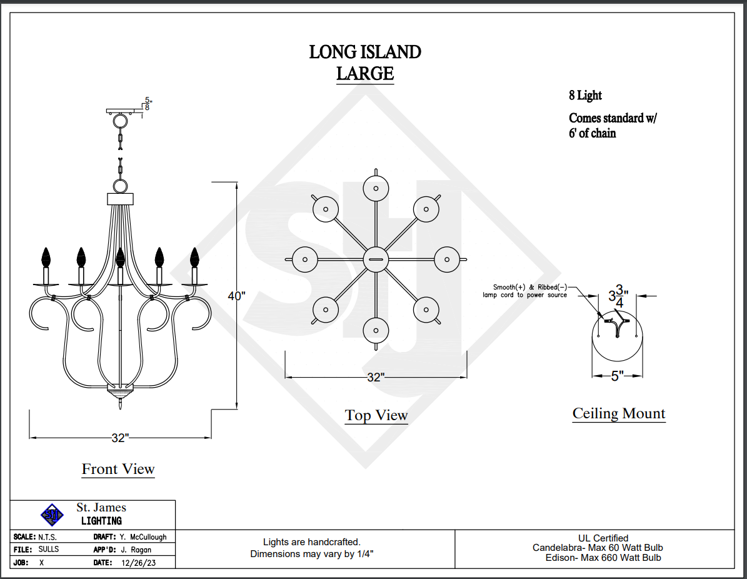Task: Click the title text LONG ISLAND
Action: click(365, 52)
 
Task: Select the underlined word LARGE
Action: click(365, 74)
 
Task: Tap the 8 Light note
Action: click(585, 96)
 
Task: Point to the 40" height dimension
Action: click(236, 296)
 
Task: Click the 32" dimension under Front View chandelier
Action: click(120, 438)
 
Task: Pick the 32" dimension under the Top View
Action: click(375, 377)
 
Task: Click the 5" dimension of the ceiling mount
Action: click(617, 376)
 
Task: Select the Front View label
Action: click(118, 469)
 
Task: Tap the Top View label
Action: click(376, 415)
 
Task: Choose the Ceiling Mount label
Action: click(619, 413)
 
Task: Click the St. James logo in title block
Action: click(53, 515)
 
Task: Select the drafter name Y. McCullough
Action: click(143, 537)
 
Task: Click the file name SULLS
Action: click(48, 550)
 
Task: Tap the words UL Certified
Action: click(603, 538)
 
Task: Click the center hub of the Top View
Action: click(376, 259)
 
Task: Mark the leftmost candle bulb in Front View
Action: click(45, 256)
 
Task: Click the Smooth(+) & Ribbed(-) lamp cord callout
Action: click(525, 291)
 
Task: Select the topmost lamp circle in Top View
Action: click(376, 188)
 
